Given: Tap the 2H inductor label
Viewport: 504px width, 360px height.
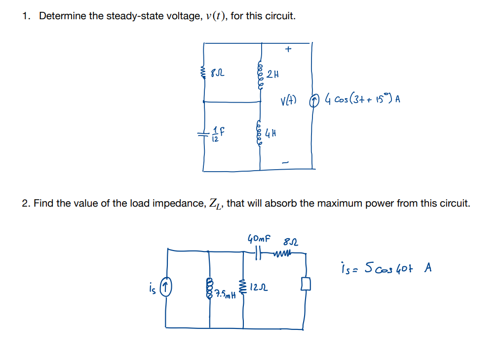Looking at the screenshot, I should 272,75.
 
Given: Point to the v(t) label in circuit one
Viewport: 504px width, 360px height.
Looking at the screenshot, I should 288,100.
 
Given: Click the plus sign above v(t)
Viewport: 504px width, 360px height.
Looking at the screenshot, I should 289,49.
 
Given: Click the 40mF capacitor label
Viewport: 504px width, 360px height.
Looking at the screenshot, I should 259,240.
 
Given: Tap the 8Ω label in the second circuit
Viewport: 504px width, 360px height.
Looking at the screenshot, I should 290,242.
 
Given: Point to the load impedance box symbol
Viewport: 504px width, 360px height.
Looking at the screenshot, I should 305,284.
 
